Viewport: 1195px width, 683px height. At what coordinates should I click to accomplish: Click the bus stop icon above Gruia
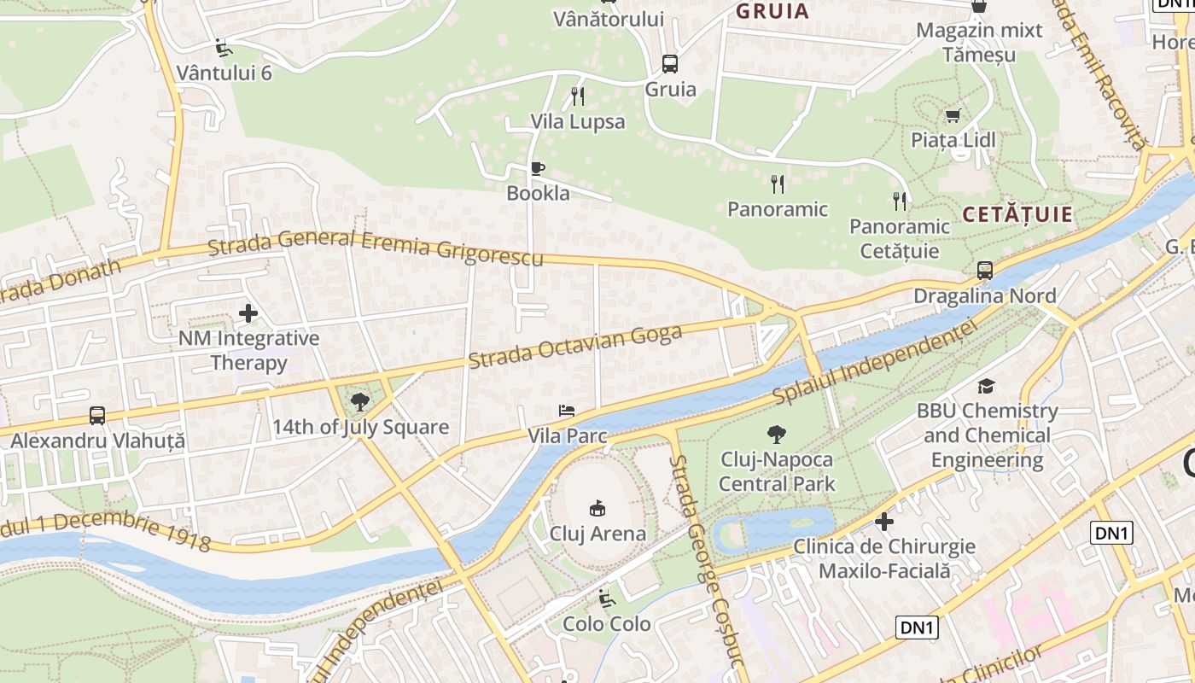pos(670,63)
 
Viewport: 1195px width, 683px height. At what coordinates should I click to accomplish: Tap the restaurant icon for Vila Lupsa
pos(578,96)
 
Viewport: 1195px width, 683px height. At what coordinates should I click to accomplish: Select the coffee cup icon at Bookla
pos(537,168)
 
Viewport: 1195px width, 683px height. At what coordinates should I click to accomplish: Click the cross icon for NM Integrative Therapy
pos(248,313)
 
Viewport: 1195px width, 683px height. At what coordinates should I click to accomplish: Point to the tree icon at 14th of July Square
pos(360,401)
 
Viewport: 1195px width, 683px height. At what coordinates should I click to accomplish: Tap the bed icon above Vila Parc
pos(566,411)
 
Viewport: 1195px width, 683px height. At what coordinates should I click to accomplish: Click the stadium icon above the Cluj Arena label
pos(597,508)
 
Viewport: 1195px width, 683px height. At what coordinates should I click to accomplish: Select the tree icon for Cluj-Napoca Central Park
pos(776,434)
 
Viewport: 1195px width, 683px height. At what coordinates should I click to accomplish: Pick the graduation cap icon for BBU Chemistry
pos(986,386)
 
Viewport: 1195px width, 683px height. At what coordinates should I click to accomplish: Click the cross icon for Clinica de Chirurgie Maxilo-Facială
pos(884,521)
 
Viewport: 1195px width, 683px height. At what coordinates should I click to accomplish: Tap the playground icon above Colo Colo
pos(607,598)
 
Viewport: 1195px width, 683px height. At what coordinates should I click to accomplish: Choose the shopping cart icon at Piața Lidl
pos(953,115)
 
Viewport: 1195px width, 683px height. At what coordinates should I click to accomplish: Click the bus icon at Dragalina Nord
pos(985,271)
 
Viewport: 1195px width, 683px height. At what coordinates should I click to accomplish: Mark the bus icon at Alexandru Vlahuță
pos(97,416)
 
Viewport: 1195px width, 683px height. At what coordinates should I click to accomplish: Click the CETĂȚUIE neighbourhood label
pos(1017,215)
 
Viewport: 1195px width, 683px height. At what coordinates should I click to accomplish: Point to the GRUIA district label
pos(772,11)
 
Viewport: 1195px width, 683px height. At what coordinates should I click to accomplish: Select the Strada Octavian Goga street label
pos(575,347)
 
